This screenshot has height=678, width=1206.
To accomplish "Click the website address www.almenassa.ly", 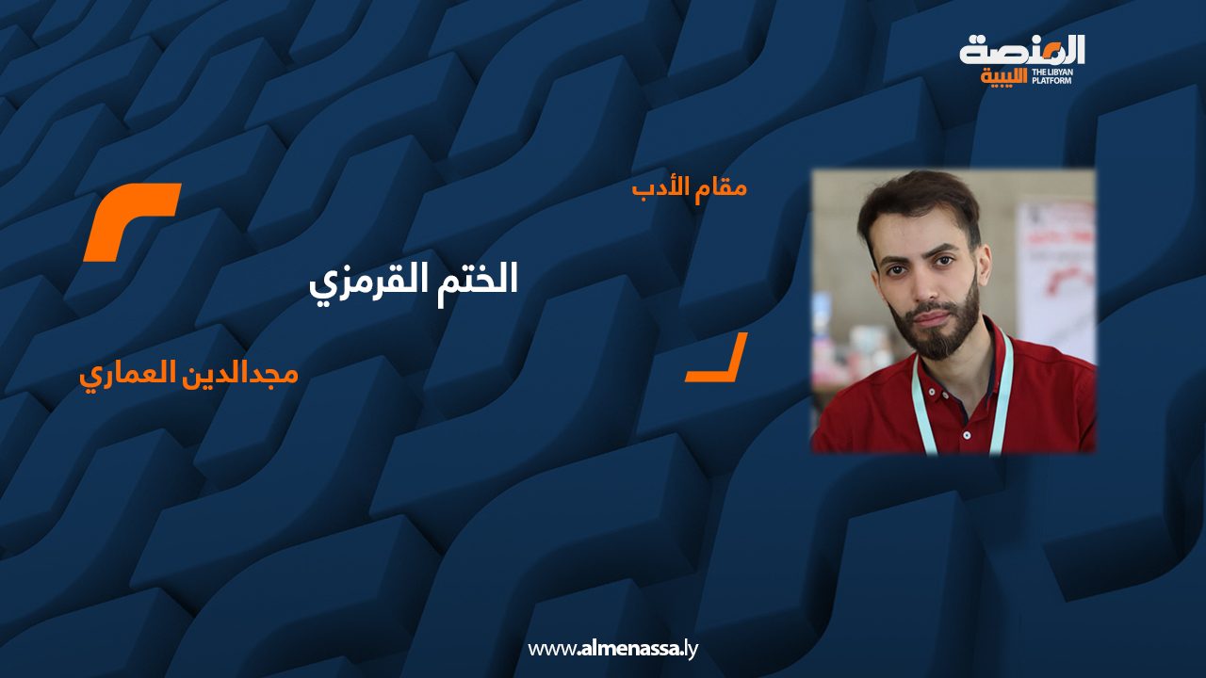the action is coord(612,649).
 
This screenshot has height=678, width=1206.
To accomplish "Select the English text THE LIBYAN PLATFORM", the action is coord(1052,76).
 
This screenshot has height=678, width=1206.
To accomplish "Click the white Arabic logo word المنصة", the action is coord(1022,51).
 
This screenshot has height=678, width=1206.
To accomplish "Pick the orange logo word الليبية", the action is coord(1003,77).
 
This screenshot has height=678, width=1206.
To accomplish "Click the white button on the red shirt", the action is coord(967,435).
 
